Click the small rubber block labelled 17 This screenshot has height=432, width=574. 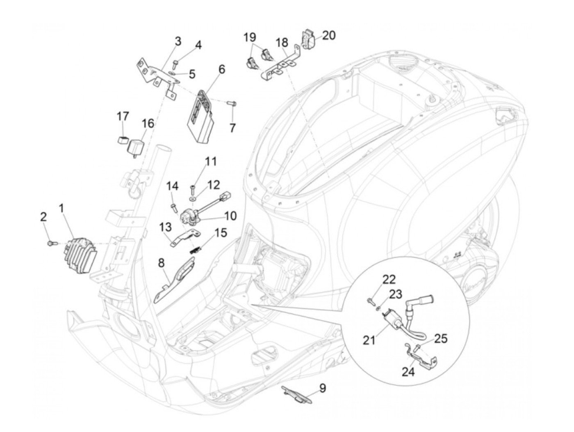[122, 140]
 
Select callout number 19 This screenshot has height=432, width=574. [250, 37]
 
